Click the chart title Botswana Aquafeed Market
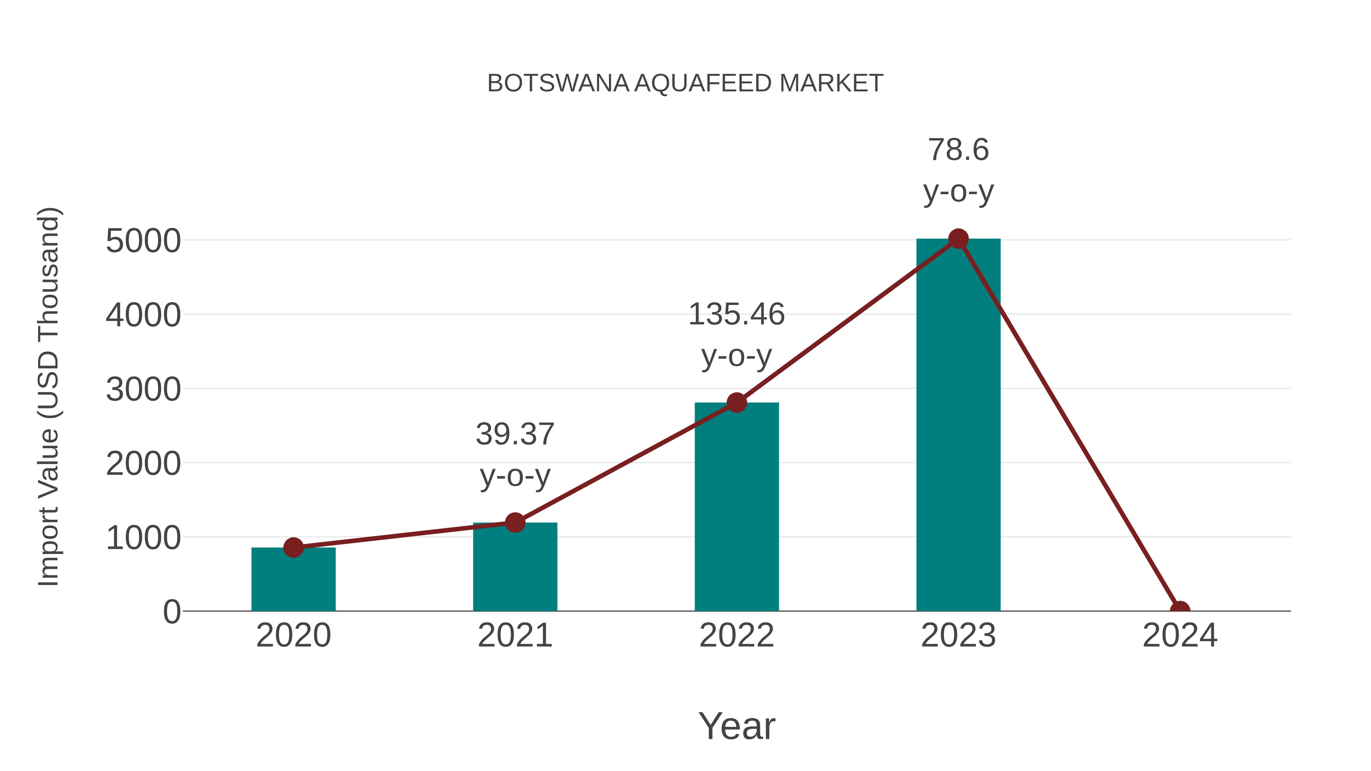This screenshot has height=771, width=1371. [685, 83]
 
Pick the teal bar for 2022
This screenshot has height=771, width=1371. [737, 508]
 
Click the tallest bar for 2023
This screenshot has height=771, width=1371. [958, 426]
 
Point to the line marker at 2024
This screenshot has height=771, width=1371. [1179, 610]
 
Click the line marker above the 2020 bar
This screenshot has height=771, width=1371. [293, 547]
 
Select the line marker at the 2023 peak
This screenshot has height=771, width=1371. [958, 239]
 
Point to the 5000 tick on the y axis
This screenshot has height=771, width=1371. [143, 241]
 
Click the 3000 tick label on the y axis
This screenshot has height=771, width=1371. [143, 389]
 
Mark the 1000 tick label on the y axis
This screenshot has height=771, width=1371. [143, 538]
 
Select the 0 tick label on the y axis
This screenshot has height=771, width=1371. [172, 612]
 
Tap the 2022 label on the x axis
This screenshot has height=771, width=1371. [737, 635]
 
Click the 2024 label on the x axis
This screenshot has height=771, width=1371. [1179, 635]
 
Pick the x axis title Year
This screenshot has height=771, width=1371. [737, 726]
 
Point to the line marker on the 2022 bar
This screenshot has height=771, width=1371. [737, 403]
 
